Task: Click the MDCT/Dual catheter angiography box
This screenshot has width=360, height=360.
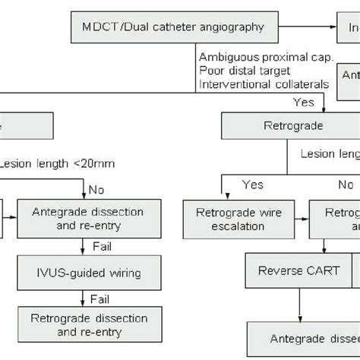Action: pyautogui.click(x=172, y=27)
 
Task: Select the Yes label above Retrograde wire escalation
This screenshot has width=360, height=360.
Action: pyautogui.click(x=252, y=185)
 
